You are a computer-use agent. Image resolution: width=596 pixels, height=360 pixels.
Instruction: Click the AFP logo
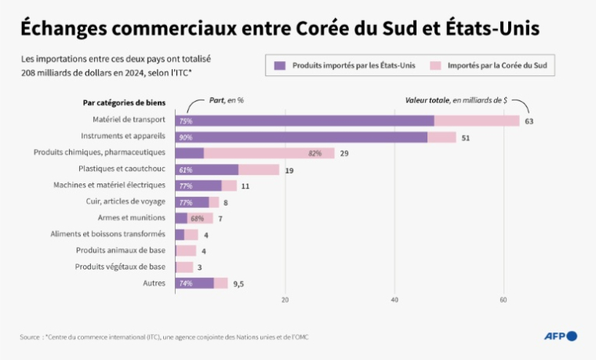click(560, 336)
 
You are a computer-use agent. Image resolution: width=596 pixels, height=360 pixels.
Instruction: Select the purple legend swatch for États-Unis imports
click(279, 66)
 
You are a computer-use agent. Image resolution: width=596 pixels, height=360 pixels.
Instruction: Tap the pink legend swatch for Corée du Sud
click(435, 66)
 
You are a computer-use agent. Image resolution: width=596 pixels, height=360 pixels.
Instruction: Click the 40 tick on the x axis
click(394, 300)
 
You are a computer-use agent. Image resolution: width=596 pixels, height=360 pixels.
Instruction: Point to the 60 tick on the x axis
click(503, 300)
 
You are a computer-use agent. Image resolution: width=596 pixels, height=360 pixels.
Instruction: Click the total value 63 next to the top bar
click(529, 121)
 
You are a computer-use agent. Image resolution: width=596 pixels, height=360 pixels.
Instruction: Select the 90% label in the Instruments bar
click(186, 137)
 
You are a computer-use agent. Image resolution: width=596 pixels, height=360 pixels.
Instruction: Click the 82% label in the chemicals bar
click(315, 153)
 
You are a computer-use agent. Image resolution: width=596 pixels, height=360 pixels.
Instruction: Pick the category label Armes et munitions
click(132, 217)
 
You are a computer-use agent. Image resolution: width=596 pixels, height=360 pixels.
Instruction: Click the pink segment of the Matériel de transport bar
click(477, 121)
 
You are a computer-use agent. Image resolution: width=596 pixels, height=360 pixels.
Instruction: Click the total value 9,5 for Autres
click(238, 283)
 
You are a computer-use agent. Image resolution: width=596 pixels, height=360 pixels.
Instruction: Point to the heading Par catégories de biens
click(124, 102)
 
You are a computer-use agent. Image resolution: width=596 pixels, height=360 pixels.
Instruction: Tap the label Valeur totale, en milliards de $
click(456, 100)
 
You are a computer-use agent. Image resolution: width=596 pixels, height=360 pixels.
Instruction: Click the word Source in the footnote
click(30, 336)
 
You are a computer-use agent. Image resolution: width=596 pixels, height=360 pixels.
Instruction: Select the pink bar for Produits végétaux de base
click(184, 267)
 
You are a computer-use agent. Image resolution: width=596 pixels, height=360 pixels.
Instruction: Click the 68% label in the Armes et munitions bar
click(198, 218)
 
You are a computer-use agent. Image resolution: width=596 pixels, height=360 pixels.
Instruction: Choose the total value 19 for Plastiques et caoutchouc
click(289, 170)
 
